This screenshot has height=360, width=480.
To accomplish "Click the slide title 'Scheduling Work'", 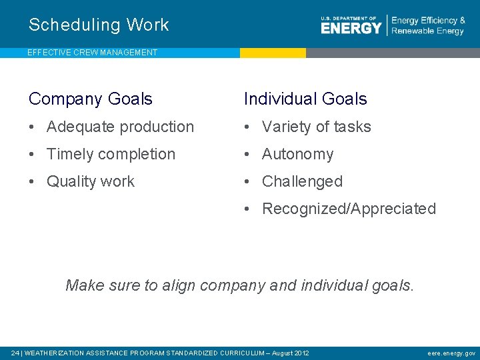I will (x=99, y=25).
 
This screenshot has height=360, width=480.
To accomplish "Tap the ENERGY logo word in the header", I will (x=351, y=27).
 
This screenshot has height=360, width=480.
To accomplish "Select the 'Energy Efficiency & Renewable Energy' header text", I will (x=428, y=26).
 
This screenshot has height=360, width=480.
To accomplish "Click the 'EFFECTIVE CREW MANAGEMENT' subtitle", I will (x=93, y=53).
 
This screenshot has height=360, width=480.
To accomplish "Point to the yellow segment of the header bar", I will (x=273, y=53).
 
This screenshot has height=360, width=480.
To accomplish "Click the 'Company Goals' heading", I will (x=91, y=99).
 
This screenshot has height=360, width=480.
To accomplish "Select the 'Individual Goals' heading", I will (x=305, y=99).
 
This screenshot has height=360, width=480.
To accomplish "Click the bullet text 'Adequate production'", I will (x=120, y=127).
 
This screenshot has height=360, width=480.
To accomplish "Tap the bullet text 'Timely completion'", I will (x=111, y=154).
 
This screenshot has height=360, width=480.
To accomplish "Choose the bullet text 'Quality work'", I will (x=91, y=181).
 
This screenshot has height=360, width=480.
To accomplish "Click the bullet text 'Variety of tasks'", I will (x=316, y=127).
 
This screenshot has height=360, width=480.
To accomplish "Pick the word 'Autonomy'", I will (x=297, y=154).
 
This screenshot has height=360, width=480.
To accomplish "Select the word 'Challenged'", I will (x=302, y=181).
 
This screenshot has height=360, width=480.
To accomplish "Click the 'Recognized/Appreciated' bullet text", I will (x=349, y=209).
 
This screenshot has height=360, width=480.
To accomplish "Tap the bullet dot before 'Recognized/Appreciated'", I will (x=247, y=209).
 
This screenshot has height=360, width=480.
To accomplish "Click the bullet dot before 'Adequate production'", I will (x=32, y=127).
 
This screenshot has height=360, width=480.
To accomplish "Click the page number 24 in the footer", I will (x=15, y=353).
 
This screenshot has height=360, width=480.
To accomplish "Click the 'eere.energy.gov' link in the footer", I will (x=452, y=353).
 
